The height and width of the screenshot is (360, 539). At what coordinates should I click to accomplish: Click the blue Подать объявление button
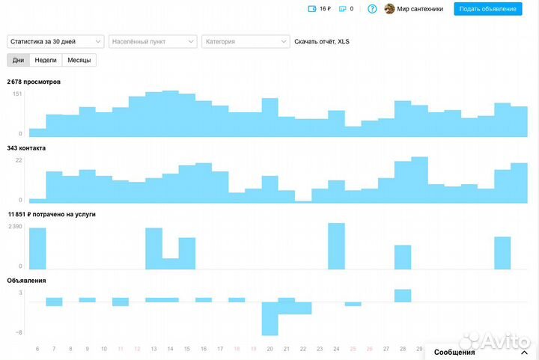[x=487, y=9]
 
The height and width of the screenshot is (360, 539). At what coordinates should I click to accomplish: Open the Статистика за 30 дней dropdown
[x=56, y=42]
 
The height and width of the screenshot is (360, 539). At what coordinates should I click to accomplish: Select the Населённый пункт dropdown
[x=153, y=42]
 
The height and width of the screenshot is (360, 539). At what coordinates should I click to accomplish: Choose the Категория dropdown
[x=245, y=42]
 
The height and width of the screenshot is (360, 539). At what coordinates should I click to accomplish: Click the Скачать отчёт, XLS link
[x=321, y=42]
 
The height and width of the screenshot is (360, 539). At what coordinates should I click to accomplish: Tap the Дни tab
[x=19, y=60]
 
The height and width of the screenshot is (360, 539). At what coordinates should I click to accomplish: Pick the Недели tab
[x=46, y=60]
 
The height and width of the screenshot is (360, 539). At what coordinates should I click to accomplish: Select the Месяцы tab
[x=79, y=60]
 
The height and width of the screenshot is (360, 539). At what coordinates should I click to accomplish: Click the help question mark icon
[x=372, y=9]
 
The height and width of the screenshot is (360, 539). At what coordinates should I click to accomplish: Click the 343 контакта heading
[x=27, y=148]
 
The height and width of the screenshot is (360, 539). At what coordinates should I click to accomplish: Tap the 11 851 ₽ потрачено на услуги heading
[x=52, y=214]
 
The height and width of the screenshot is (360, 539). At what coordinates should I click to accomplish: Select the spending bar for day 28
[x=403, y=257]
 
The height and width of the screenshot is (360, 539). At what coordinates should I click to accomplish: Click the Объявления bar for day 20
[x=269, y=318]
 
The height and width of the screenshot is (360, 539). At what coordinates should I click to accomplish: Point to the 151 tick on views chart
[x=17, y=94]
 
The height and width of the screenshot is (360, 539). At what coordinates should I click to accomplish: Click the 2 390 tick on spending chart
[x=15, y=227]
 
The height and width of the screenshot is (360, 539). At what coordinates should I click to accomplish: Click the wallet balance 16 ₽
[x=320, y=9]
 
